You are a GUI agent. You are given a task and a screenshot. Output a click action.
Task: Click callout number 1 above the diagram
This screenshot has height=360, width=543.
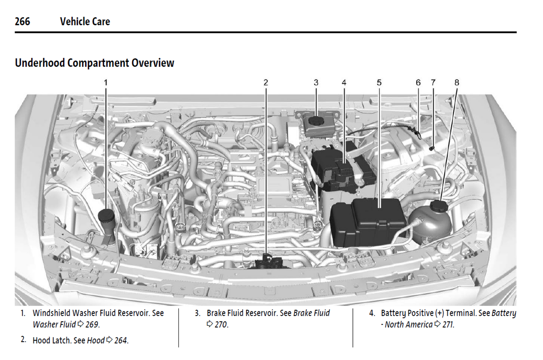point(106,83)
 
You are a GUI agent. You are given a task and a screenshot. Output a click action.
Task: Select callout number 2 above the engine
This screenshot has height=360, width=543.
point(266,83)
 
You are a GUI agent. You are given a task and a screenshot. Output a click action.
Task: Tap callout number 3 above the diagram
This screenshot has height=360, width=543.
point(316,83)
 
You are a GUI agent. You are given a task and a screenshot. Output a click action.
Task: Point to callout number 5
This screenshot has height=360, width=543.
point(379,83)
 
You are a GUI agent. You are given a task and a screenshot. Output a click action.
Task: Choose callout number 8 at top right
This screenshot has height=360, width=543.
point(457,83)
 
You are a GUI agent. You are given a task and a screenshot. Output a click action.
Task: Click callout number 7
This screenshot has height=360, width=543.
point(433,83)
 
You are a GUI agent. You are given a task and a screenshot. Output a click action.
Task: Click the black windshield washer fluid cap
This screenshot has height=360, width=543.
point(106,215)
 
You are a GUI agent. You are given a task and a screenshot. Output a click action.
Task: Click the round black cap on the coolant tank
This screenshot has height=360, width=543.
point(439,206)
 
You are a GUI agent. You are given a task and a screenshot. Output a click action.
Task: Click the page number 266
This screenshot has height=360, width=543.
point(23,21)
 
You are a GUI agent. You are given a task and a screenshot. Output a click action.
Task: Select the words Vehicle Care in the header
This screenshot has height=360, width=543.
point(85,21)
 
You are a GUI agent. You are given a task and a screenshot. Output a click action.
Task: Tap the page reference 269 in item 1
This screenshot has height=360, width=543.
point(92,324)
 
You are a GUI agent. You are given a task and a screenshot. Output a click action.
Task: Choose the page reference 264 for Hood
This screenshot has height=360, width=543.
point(121,340)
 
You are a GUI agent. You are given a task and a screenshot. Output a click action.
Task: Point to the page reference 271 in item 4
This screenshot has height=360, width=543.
point(448,324)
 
